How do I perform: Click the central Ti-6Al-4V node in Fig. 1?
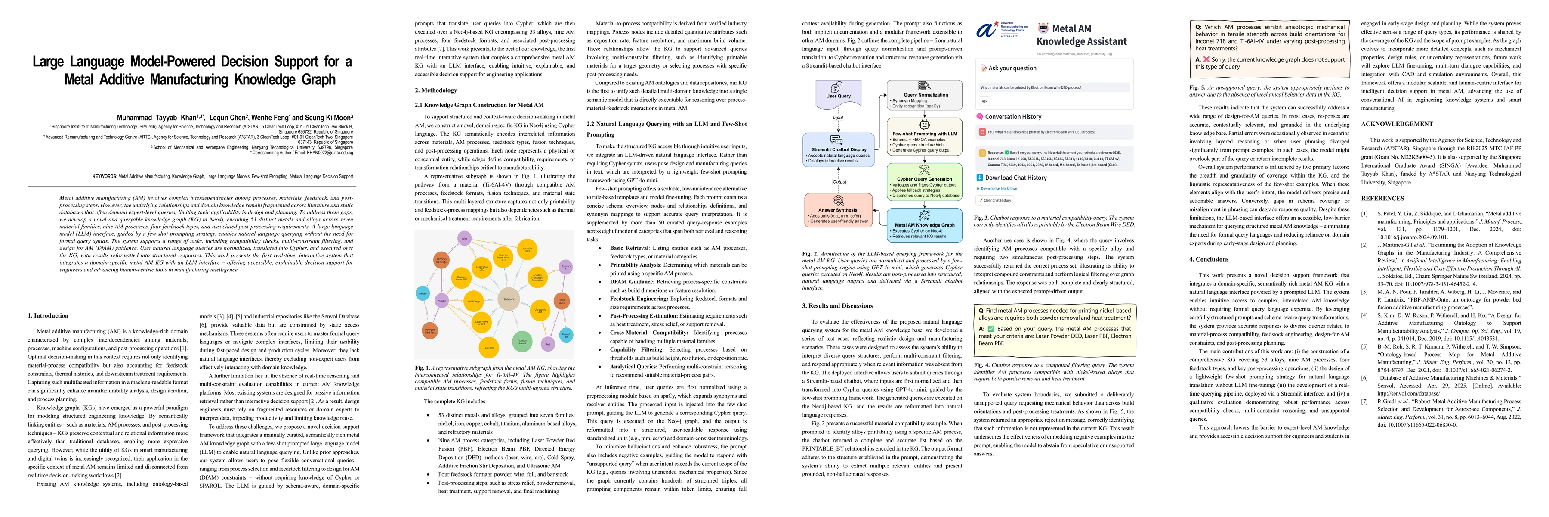(x=508, y=299)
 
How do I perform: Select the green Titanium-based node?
(x=522, y=341)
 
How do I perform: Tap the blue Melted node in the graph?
(x=423, y=294)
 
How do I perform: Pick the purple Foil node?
(x=548, y=344)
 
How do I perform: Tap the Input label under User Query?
(x=838, y=118)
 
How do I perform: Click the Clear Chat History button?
(x=995, y=200)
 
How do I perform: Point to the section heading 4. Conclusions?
(x=1209, y=259)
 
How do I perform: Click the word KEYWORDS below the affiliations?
(x=105, y=176)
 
